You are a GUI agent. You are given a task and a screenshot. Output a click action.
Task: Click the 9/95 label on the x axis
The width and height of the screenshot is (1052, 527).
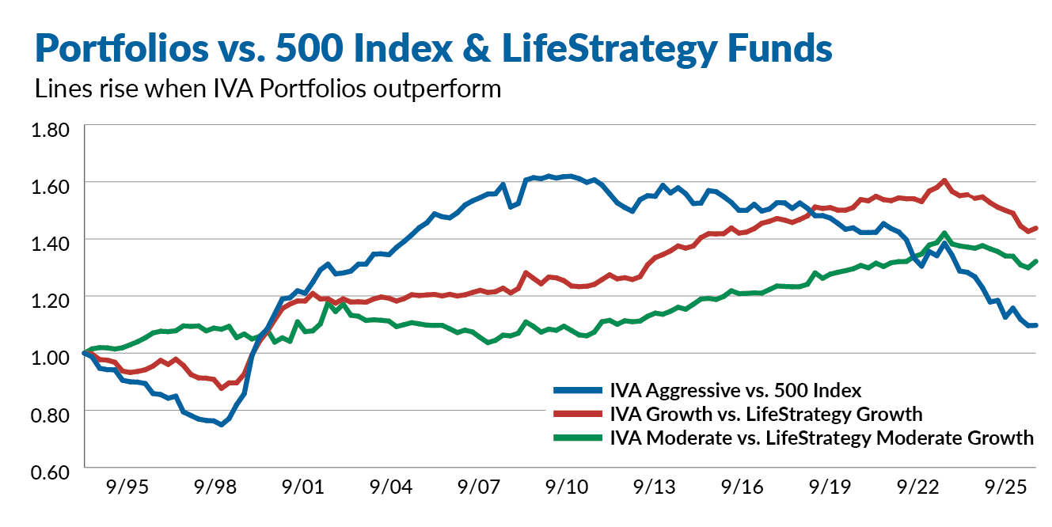pos(128,488)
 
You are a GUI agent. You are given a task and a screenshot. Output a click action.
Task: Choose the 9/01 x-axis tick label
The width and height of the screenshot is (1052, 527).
pos(302,488)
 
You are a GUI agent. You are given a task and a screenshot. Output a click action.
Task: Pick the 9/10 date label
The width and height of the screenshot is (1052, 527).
pos(565,488)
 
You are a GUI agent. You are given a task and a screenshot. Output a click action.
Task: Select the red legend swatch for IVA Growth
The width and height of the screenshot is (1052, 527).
pos(575,414)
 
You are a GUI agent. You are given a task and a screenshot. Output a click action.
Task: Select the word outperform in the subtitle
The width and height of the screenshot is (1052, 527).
pos(437,88)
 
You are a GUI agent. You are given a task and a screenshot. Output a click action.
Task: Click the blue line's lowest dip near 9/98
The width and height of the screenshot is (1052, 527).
pos(222,424)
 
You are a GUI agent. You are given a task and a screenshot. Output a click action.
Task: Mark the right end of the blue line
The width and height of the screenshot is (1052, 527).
pos(1036,325)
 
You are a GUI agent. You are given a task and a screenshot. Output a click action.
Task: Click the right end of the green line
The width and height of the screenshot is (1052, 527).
pos(1036,261)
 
